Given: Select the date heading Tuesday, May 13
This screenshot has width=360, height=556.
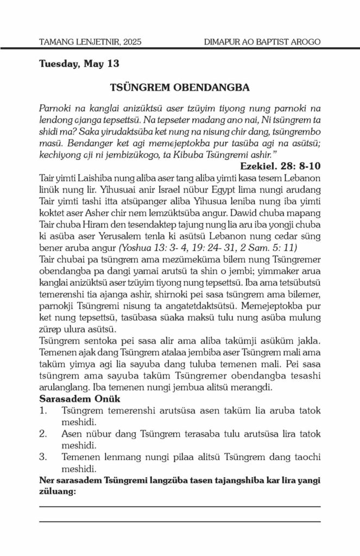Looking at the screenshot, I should [x=79, y=64].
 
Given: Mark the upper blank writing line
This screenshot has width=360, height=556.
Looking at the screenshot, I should [x=180, y=507].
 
